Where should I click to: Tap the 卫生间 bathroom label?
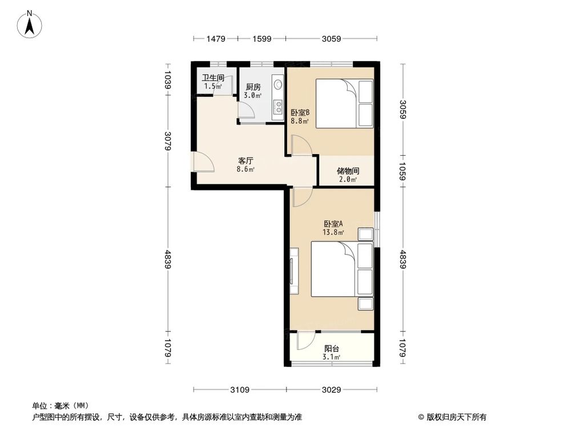click(x=212, y=78)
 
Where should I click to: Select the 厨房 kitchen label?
click(x=253, y=87)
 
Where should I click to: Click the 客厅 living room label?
click(x=246, y=161)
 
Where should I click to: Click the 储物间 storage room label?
click(x=348, y=171)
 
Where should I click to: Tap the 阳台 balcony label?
click(x=332, y=348)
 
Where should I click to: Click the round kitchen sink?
click(x=278, y=84)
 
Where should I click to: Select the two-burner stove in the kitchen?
click(x=278, y=107)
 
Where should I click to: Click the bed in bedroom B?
click(x=344, y=104)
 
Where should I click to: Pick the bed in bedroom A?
click(x=341, y=269)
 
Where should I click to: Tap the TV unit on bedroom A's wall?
click(x=293, y=271)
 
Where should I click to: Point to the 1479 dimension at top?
click(x=216, y=39)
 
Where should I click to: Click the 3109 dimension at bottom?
click(x=239, y=390)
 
